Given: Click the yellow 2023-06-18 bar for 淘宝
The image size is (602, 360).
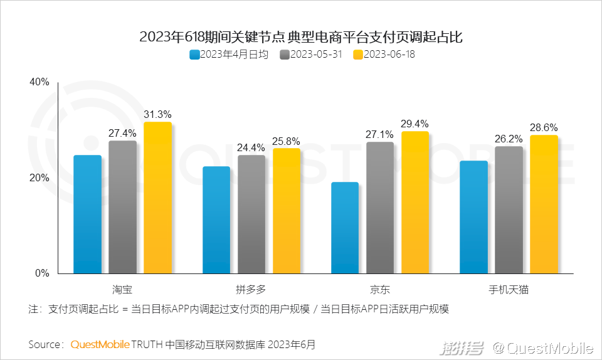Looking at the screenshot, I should (x=157, y=198).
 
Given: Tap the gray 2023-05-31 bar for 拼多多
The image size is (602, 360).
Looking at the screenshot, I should (x=251, y=214).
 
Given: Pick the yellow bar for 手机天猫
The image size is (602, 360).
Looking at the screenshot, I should (x=544, y=204).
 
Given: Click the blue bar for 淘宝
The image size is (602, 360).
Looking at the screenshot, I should (x=87, y=214).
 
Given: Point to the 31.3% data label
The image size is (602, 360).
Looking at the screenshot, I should (x=157, y=115).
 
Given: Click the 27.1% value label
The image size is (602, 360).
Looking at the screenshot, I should (x=380, y=134).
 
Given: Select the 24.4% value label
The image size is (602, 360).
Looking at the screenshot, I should (x=251, y=148).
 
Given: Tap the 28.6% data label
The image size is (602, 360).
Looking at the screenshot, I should (x=544, y=127).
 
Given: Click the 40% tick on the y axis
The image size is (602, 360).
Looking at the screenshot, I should (x=39, y=83).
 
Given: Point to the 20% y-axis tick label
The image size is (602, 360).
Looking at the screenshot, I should (x=39, y=178).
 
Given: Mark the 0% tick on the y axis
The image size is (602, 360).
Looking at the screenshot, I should (x=41, y=273).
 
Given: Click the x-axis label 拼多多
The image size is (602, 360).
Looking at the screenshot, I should (x=251, y=290).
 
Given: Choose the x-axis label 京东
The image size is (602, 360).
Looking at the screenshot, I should (x=380, y=290).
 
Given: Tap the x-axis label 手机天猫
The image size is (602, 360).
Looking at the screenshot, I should (x=509, y=290).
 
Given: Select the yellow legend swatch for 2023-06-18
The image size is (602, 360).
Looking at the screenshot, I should (x=358, y=55).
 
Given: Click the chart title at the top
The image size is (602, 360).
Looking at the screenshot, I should (x=301, y=37).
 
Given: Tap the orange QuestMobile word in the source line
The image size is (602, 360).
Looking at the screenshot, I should (x=100, y=344).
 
